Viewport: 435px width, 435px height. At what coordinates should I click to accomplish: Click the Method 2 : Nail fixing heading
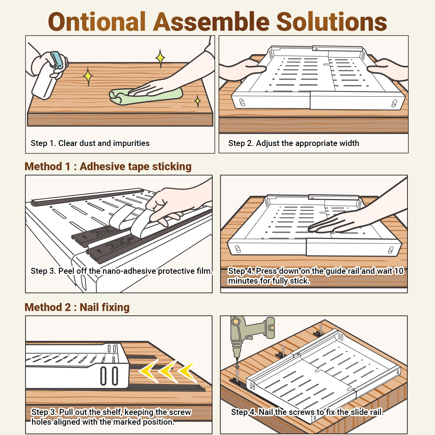click(x=77, y=307)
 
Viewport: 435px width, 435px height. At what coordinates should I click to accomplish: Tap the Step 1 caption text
click(x=90, y=143)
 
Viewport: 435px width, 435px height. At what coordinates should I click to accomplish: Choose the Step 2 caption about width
click(x=294, y=143)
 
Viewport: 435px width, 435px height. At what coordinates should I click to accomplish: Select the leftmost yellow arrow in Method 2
click(x=149, y=371)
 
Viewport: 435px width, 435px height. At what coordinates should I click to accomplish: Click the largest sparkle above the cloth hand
click(x=160, y=58)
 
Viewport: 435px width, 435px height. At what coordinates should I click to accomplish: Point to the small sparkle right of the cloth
click(x=198, y=101)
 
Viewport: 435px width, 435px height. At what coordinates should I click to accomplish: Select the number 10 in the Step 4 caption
click(x=399, y=271)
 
